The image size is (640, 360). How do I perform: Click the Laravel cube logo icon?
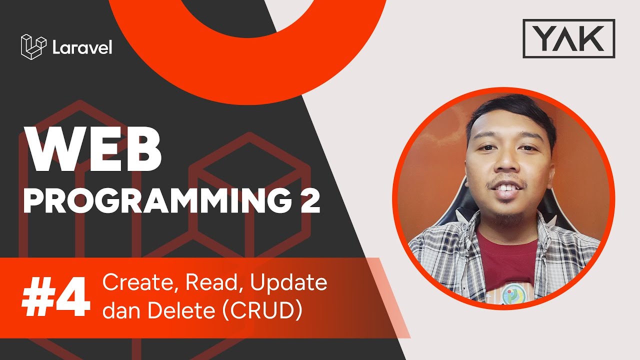point(33,47)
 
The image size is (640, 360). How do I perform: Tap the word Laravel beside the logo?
point(82,48)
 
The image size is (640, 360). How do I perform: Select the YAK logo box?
point(568,38)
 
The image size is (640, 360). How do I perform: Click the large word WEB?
point(94,149)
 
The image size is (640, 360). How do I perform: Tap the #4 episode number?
point(55,298)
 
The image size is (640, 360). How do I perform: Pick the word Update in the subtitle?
point(288,284)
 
